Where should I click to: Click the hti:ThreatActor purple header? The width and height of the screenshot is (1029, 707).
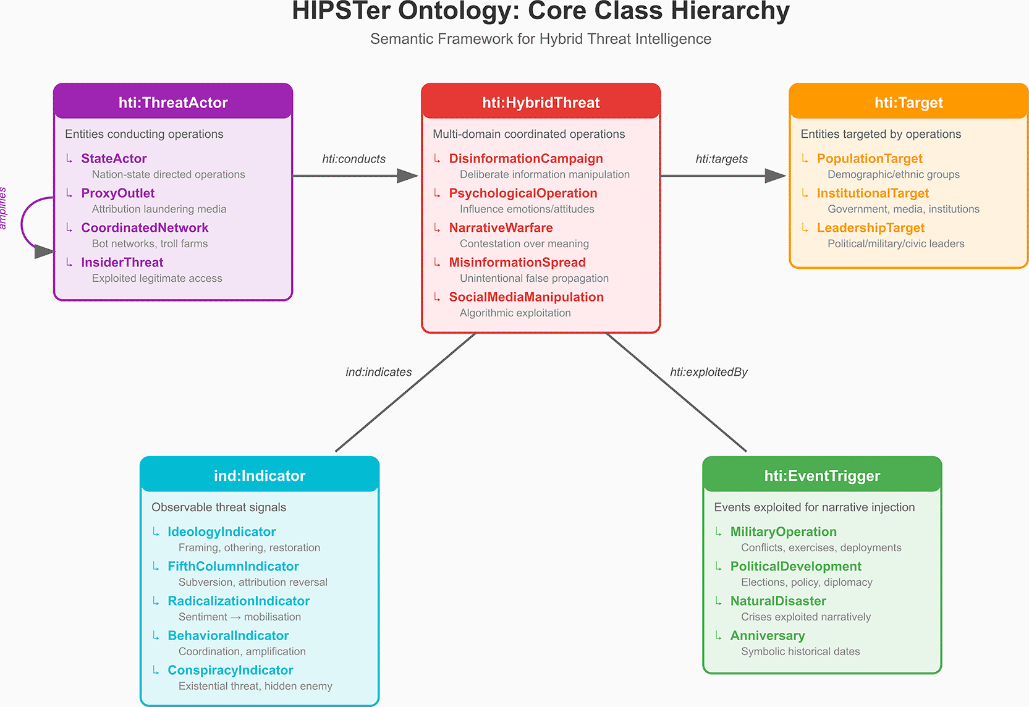pyautogui.click(x=173, y=101)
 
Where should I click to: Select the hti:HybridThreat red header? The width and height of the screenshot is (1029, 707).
pyautogui.click(x=541, y=101)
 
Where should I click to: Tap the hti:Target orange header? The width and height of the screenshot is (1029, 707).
pyautogui.click(x=908, y=101)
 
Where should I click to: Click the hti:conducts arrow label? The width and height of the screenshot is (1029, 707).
pyautogui.click(x=354, y=159)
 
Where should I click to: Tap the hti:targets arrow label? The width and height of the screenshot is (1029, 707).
pyautogui.click(x=722, y=159)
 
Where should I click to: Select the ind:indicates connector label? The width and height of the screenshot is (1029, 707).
pyautogui.click(x=378, y=372)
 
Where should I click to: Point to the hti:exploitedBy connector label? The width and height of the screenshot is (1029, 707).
pyautogui.click(x=709, y=372)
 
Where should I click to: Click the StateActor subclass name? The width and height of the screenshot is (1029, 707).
pyautogui.click(x=114, y=158)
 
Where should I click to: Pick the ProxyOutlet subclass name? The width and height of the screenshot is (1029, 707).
pyautogui.click(x=117, y=193)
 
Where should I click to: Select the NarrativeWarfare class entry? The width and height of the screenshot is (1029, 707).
pyautogui.click(x=501, y=228)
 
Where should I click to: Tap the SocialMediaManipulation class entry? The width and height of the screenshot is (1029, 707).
pyautogui.click(x=527, y=297)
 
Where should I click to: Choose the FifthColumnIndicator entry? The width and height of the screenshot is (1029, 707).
pyautogui.click(x=234, y=567)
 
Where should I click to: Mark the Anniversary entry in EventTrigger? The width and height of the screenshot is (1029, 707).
pyautogui.click(x=768, y=636)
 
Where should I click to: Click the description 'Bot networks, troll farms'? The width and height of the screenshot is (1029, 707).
pyautogui.click(x=150, y=244)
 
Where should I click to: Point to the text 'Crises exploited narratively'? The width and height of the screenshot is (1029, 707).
pyautogui.click(x=806, y=617)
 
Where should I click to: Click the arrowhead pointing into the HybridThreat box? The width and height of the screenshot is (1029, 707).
pyautogui.click(x=408, y=176)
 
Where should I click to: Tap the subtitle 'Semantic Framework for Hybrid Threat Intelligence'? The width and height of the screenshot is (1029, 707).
pyautogui.click(x=541, y=39)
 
